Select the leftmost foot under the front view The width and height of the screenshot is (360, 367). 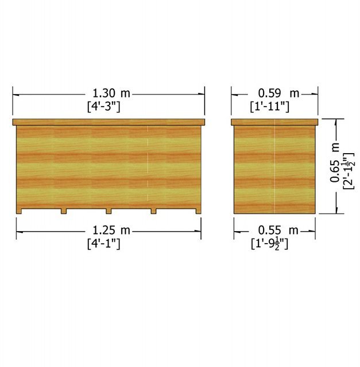click(x=19, y=212)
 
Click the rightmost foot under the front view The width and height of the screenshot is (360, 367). click(x=198, y=212)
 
